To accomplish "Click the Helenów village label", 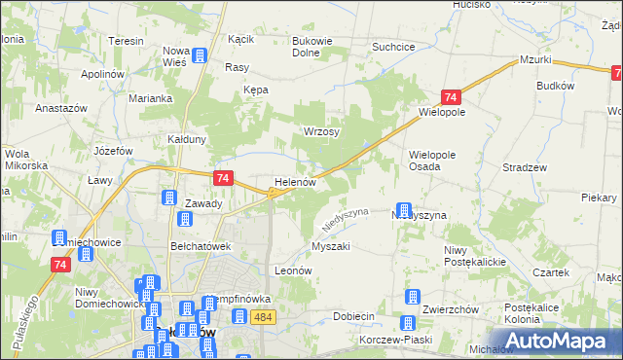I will pyautogui.click(x=295, y=182).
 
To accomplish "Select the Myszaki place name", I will pyautogui.click(x=330, y=247).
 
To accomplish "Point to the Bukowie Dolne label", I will pyautogui.click(x=313, y=47).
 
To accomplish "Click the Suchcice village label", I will pyautogui.click(x=394, y=46).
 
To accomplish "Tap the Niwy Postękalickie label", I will pyautogui.click(x=470, y=257).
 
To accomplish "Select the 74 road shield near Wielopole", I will pyautogui.click(x=450, y=97).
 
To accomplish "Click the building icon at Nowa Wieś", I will pyautogui.click(x=200, y=56).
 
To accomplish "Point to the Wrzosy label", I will pyautogui.click(x=321, y=131).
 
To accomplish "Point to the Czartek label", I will pyautogui.click(x=550, y=272).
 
